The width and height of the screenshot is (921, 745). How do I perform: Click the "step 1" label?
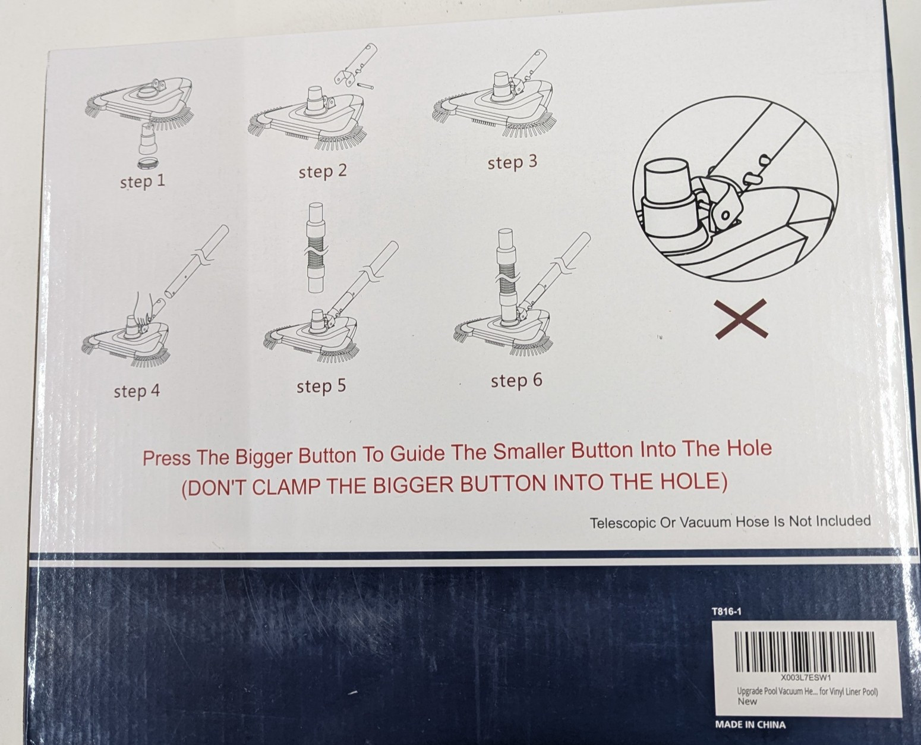click(143, 181)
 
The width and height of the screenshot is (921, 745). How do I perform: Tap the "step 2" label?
click(323, 171)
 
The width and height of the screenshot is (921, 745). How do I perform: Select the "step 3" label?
click(512, 162)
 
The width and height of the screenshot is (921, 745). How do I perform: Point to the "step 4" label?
click(137, 391)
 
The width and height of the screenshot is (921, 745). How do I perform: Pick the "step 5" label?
click(321, 386)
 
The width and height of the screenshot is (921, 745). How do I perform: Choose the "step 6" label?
click(516, 381)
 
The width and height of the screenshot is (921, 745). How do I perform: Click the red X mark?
click(741, 319)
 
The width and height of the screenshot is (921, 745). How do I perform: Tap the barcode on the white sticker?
click(805, 652)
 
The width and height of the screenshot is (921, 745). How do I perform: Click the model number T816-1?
click(726, 612)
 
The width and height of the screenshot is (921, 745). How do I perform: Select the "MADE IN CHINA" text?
click(750, 725)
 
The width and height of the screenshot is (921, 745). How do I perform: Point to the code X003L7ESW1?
click(806, 677)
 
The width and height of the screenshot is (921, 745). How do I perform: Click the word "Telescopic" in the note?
click(623, 523)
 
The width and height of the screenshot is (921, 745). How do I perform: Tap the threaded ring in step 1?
click(148, 164)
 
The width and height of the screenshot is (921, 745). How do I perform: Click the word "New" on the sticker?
click(747, 702)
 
